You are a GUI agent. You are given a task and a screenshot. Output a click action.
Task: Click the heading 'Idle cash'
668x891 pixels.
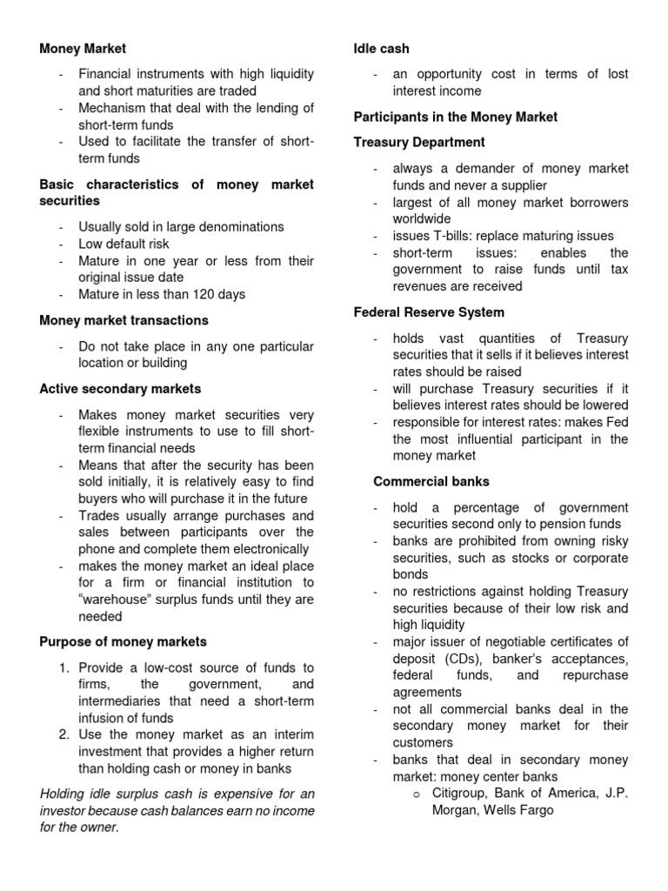(381, 49)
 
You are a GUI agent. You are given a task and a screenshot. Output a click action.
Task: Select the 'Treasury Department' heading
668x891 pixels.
(419, 142)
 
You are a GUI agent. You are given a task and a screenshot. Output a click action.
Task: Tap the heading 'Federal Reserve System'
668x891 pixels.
(429, 312)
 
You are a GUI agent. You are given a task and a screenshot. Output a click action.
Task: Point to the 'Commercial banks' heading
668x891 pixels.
(431, 481)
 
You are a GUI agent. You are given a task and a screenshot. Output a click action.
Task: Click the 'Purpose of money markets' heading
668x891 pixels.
(124, 642)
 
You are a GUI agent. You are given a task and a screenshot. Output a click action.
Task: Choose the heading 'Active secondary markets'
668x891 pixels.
(120, 388)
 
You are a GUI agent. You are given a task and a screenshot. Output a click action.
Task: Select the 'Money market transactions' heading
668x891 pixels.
(124, 320)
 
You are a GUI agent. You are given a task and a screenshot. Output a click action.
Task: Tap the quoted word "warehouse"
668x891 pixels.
(115, 600)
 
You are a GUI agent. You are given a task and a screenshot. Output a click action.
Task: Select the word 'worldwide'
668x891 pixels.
(422, 218)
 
